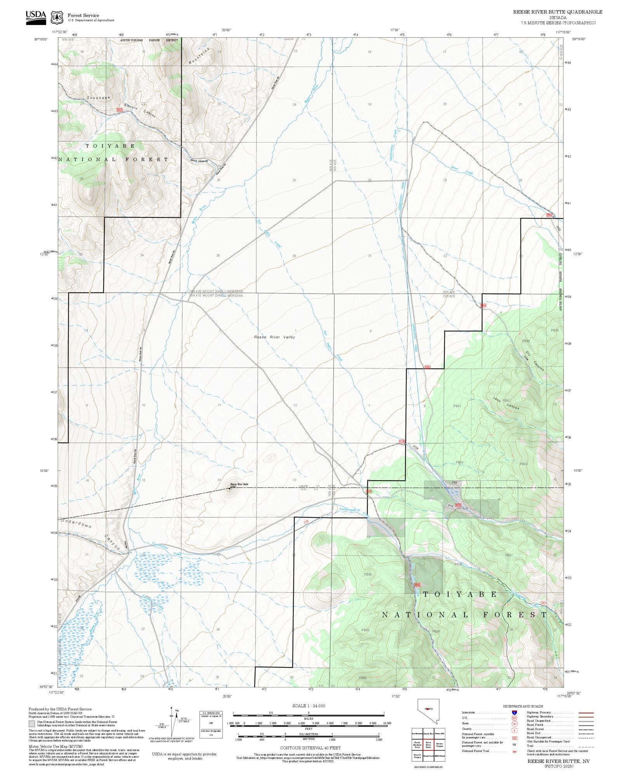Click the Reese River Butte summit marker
pyautogui.click(x=229, y=489)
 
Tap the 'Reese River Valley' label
pyautogui.click(x=274, y=337)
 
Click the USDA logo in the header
pyautogui.click(x=36, y=17)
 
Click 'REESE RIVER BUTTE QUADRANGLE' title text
pyautogui.click(x=558, y=12)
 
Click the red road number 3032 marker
pyautogui.click(x=120, y=110)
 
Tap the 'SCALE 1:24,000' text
pyautogui.click(x=309, y=706)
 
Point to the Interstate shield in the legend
pyautogui.click(x=514, y=713)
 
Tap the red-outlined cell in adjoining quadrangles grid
pyautogui.click(x=428, y=745)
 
